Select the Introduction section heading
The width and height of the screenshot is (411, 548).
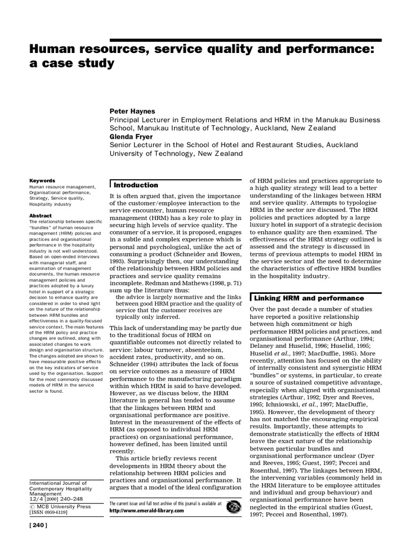(136, 185)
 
